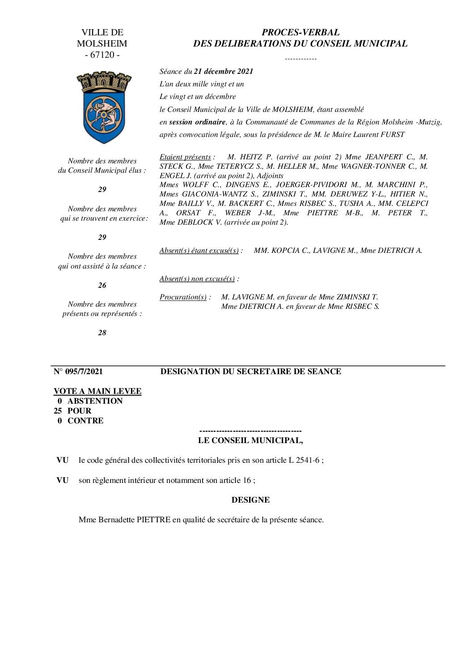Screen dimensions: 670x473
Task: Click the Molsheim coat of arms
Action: (x=104, y=108)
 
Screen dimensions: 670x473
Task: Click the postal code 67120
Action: (x=102, y=55)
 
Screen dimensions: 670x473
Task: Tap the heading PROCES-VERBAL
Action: (x=300, y=32)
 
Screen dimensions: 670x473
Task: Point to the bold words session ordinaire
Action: (x=197, y=122)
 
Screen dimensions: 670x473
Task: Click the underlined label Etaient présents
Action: (x=185, y=157)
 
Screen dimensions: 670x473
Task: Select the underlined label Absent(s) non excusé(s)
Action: (x=197, y=279)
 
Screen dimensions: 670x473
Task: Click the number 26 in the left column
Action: (x=102, y=285)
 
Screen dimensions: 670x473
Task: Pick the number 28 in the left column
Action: (x=102, y=333)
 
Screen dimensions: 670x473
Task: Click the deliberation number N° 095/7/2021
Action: (x=78, y=371)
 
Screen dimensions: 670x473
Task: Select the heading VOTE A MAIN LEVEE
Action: (x=97, y=391)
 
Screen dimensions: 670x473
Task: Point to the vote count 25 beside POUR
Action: (x=58, y=411)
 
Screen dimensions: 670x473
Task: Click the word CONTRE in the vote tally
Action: (x=85, y=421)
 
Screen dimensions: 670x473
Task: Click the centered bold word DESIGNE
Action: (x=250, y=500)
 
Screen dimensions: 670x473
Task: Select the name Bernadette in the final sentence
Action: (x=111, y=520)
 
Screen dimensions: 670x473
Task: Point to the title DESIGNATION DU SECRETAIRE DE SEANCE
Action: (x=251, y=371)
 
